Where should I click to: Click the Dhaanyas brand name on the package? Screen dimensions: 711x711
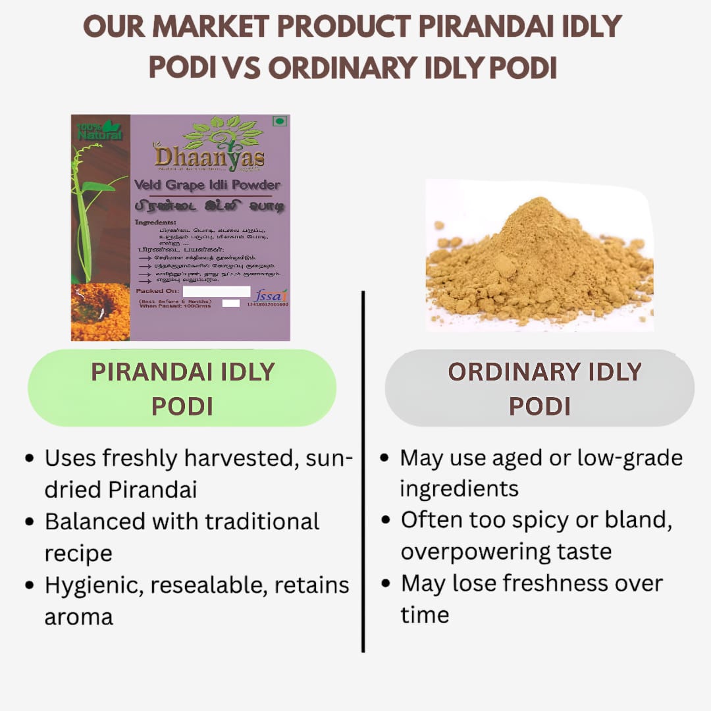[x=209, y=157]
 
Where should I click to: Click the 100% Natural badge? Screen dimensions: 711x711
[x=99, y=130]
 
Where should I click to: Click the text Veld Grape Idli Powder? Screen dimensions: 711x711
[x=207, y=185]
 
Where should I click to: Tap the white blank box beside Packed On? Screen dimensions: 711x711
[x=217, y=291]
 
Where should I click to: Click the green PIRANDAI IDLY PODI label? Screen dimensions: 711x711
[x=182, y=388]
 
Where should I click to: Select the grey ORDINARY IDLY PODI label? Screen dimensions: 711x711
[x=540, y=388]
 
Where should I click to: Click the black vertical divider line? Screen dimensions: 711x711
[x=363, y=471]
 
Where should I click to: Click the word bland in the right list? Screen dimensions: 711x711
[x=638, y=520]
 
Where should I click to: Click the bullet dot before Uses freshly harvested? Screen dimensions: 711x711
[x=29, y=458]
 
